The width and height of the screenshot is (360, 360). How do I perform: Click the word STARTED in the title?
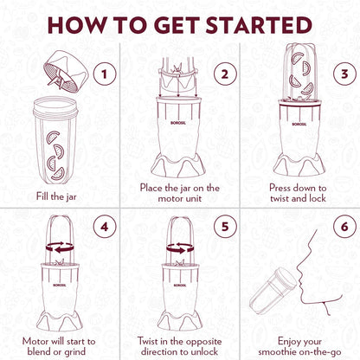click(259, 25)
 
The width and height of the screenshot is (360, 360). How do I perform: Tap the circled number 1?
click(105, 74)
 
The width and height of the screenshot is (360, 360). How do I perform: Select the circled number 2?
click(225, 74)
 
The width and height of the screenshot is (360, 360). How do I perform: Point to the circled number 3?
click(344, 74)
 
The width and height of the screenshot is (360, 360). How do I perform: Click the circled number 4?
click(105, 227)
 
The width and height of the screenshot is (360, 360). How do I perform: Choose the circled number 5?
click(225, 227)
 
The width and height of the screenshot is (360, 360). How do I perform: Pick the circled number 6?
click(344, 227)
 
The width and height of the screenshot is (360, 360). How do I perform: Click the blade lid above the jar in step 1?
click(65, 72)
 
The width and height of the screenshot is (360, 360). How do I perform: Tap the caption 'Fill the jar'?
click(56, 196)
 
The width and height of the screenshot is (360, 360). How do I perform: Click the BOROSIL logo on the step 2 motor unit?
click(178, 123)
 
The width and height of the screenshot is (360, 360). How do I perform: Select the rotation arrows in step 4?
click(60, 247)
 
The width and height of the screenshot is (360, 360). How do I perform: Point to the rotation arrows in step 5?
click(180, 248)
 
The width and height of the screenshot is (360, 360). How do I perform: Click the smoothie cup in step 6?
click(273, 291)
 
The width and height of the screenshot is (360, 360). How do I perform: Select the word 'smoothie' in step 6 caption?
click(277, 352)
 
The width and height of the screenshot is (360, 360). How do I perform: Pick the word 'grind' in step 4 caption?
click(74, 352)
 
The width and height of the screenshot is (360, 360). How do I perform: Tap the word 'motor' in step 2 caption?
click(169, 199)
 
